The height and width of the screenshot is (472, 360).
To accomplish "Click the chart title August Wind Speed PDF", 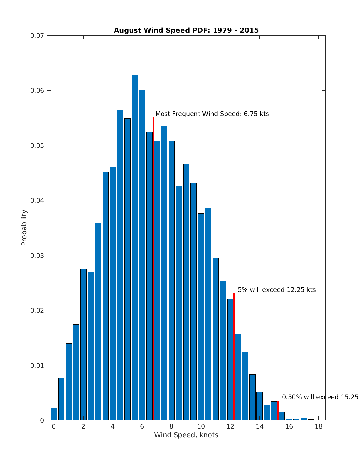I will click(x=186, y=30).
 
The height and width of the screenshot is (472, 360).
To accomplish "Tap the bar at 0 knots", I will click(x=54, y=414).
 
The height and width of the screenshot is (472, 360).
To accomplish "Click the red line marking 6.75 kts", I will click(x=153, y=270).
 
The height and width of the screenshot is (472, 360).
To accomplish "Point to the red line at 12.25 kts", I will click(x=234, y=357).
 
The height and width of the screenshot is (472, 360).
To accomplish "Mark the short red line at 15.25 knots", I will click(x=278, y=411).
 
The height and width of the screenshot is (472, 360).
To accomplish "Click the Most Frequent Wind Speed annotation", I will click(x=212, y=114).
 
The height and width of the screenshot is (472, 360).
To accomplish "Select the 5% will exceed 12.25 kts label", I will click(x=277, y=290).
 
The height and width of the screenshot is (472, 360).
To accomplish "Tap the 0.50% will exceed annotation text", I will click(x=320, y=397).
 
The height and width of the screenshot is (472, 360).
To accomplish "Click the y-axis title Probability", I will click(x=24, y=228).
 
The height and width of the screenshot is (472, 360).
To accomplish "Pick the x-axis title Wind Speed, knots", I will click(x=186, y=435).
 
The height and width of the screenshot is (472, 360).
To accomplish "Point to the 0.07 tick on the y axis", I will click(x=37, y=36).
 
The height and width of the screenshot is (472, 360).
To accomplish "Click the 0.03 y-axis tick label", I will click(x=37, y=255).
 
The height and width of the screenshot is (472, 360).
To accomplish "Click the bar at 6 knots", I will click(x=142, y=255).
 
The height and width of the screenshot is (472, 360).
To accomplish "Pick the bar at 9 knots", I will click(x=186, y=292).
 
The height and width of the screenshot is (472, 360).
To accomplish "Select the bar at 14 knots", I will click(x=259, y=406).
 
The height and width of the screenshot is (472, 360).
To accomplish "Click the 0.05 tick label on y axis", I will click(x=37, y=145).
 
